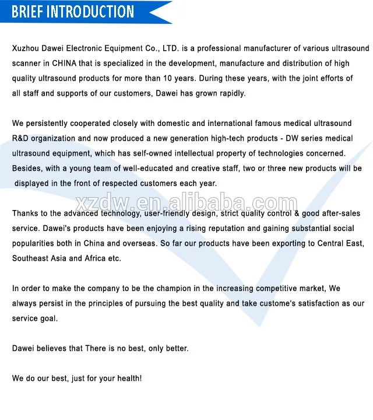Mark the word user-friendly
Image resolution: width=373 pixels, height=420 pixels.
point(172,214)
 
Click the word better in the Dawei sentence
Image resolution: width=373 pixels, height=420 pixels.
point(173,349)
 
